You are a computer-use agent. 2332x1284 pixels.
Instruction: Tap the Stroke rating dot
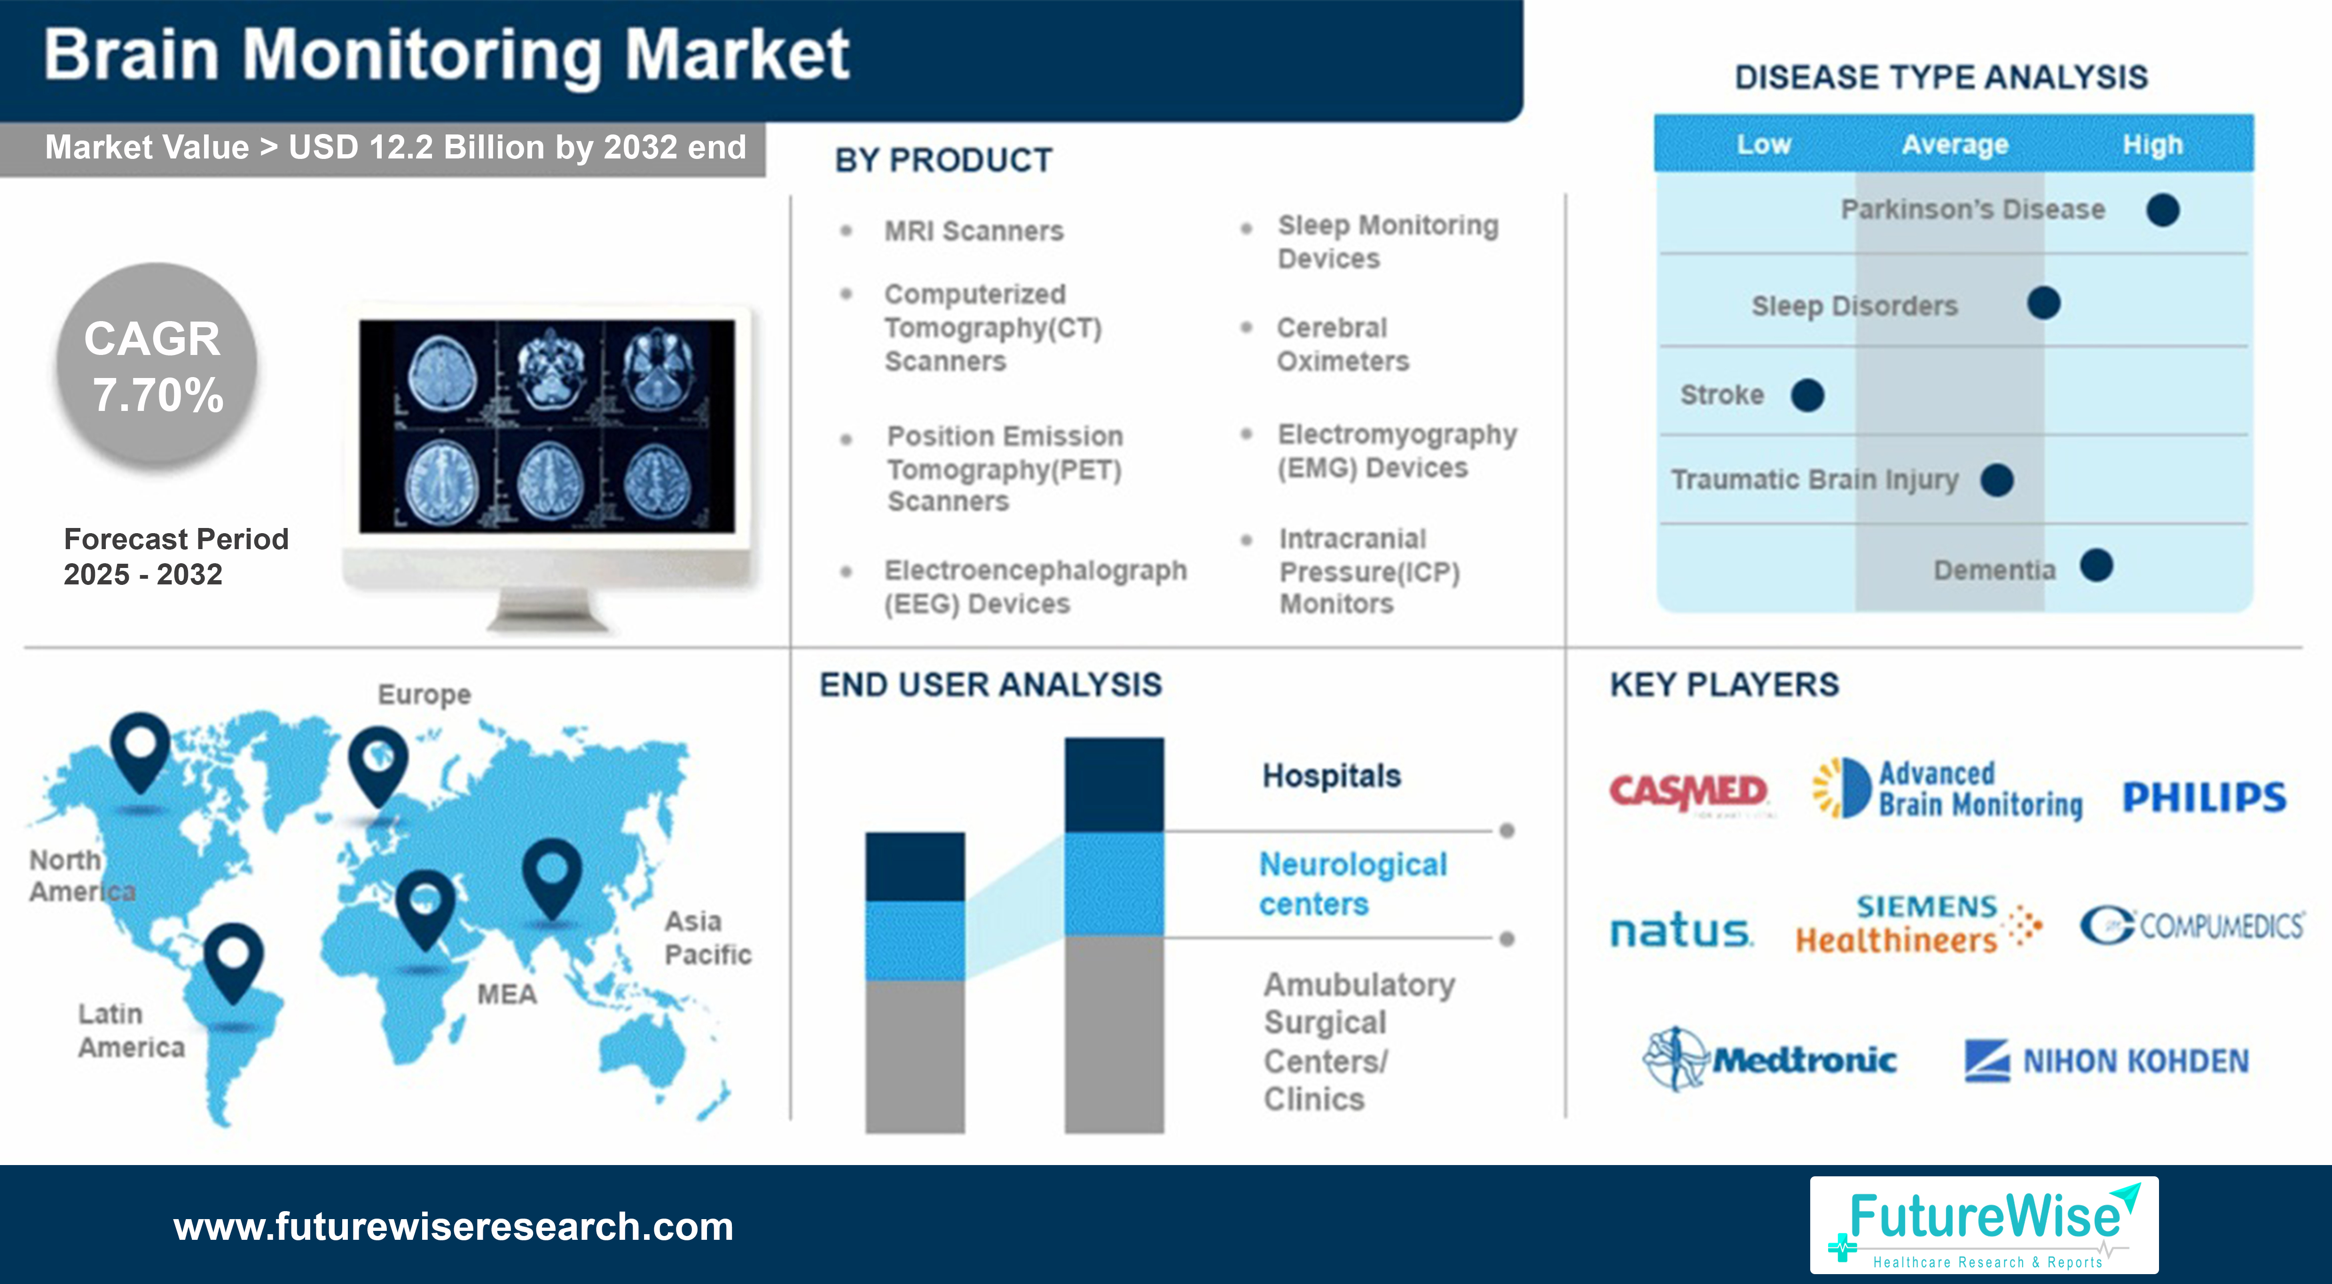[x=1807, y=395]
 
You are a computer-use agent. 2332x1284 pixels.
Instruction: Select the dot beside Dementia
[x=2096, y=566]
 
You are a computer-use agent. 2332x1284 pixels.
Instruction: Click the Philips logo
[x=2204, y=797]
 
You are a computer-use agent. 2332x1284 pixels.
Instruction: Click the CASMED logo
[x=1688, y=792]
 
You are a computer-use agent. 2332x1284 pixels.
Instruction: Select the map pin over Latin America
[x=234, y=960]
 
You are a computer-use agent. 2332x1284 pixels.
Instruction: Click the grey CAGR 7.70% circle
[x=157, y=365]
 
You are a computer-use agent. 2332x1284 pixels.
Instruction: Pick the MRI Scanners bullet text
[x=973, y=231]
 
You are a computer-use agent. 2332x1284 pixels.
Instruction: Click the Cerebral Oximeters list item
[x=1343, y=344]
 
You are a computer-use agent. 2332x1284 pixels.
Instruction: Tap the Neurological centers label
[x=1352, y=884]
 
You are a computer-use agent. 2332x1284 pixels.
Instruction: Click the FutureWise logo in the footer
[x=1984, y=1225]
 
